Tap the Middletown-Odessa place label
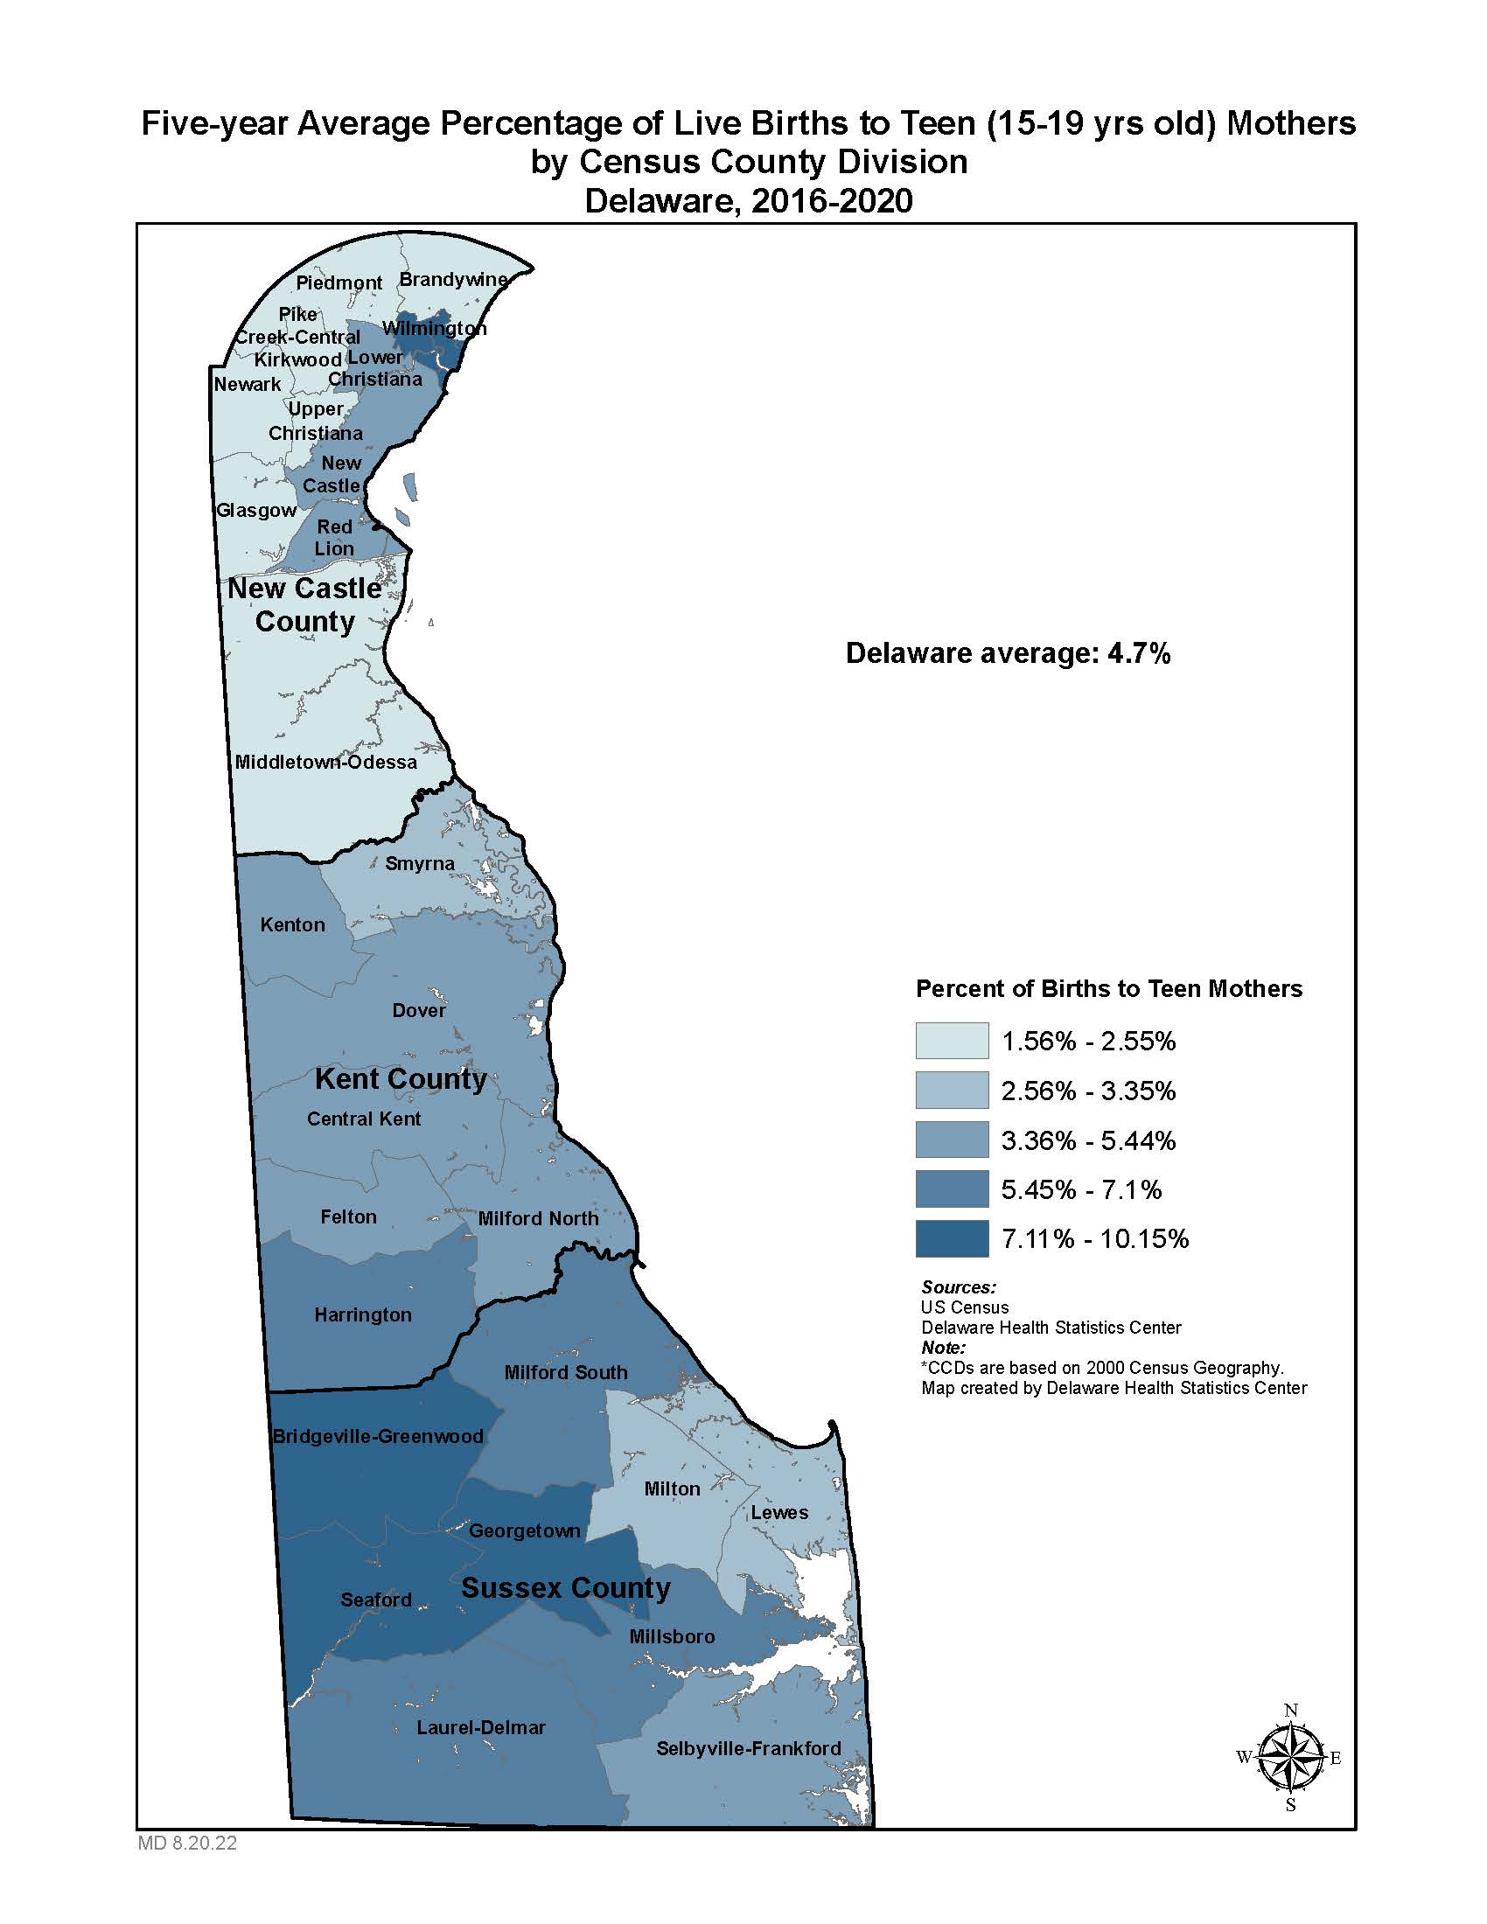[x=325, y=762]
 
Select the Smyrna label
[x=419, y=863]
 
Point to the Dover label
[x=418, y=1010]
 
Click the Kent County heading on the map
[x=400, y=1078]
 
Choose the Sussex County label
[x=566, y=1587]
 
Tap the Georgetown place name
[x=524, y=1530]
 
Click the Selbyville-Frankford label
[x=748, y=1748]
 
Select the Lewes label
[x=778, y=1512]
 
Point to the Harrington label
[x=363, y=1314]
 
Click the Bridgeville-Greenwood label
[x=377, y=1436]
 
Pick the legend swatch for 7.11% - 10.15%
[x=952, y=1238]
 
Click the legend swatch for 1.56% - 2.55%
[x=952, y=1041]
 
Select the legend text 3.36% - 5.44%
[x=1088, y=1140]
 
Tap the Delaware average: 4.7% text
[x=1008, y=652]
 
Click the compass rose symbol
[x=1290, y=1758]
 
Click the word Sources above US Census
[x=959, y=1287]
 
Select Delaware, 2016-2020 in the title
[x=748, y=201]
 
